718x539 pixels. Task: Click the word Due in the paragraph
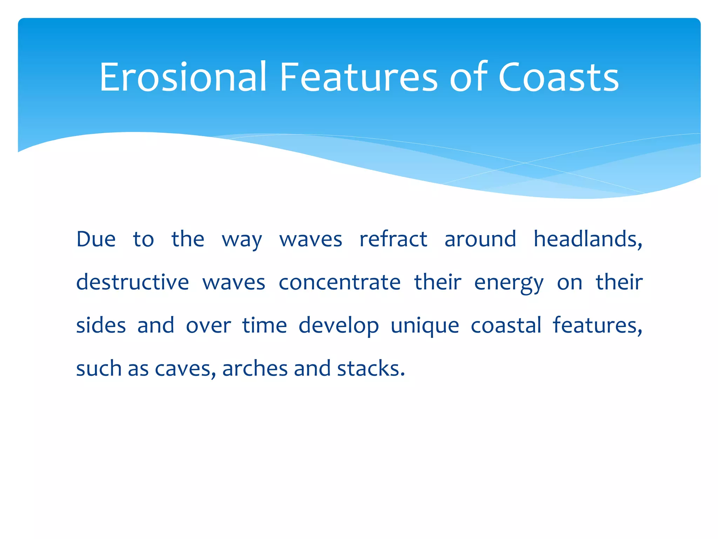[96, 239]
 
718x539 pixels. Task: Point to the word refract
[393, 239]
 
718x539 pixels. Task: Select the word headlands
[588, 239]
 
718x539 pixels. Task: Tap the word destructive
[133, 282]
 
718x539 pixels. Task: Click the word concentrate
[339, 282]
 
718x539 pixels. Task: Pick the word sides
[101, 325]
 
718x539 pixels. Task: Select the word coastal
[506, 325]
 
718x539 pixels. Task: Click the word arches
[254, 368]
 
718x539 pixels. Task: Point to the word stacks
[371, 368]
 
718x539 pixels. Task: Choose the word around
[480, 239]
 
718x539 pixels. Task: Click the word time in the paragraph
[265, 325]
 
